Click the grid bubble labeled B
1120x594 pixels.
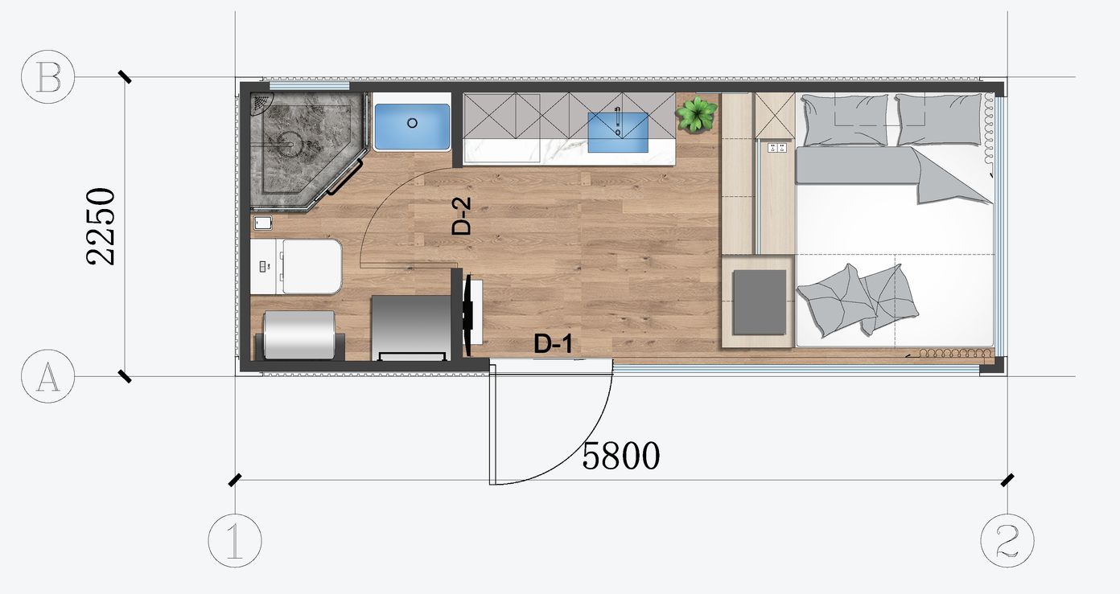48,77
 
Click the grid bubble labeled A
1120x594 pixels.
48,375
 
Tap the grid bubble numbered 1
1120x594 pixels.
235,540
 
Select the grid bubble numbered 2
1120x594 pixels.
1007,540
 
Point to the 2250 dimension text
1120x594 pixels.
101,227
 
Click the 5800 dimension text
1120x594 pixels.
621,456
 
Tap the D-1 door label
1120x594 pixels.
553,344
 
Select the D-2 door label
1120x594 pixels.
461,216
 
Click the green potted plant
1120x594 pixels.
697,114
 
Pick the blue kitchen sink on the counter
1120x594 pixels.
618,132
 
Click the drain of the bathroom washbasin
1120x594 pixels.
412,123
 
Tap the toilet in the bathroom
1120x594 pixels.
296,267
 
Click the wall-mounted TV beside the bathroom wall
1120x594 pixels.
469,315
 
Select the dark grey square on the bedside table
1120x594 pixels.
759,302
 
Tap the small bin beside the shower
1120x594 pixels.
263,223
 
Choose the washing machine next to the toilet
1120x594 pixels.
411,328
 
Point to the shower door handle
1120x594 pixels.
345,178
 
